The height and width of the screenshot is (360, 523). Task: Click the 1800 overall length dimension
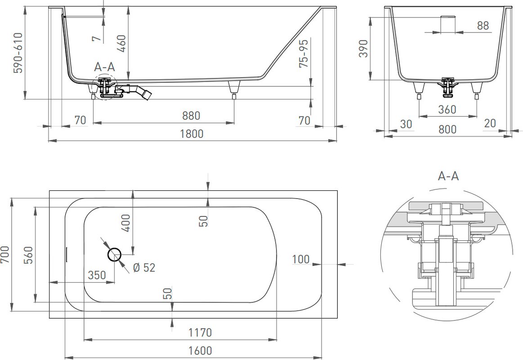point(192,134)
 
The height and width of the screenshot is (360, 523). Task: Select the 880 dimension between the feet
point(191,116)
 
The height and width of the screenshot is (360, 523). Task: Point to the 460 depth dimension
point(122,44)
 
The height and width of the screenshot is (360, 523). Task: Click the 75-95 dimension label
point(304,52)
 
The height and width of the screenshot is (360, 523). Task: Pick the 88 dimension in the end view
point(483,26)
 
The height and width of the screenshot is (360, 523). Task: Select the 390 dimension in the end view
point(363,49)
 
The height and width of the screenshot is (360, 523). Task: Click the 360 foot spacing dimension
point(447,109)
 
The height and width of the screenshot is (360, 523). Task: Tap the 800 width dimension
point(447,130)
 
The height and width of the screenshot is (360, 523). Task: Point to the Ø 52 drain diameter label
point(144,268)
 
